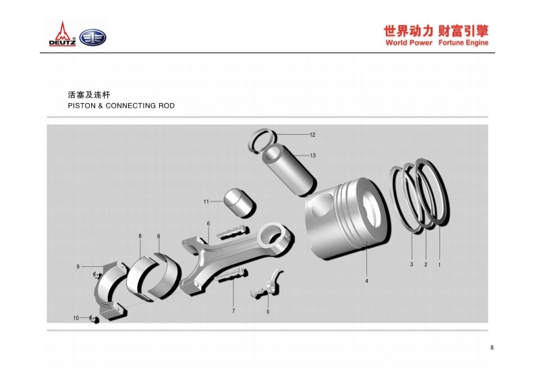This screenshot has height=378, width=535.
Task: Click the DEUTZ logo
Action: [62, 34]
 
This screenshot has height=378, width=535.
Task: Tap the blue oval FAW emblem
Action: [93, 38]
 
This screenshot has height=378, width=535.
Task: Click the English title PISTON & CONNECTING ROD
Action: [121, 106]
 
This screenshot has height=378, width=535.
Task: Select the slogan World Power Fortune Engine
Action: [437, 42]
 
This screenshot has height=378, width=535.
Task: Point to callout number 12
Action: [312, 135]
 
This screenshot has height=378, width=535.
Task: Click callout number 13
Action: [313, 156]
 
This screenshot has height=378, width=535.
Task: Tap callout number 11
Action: [206, 201]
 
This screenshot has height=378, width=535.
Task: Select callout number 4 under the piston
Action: [366, 281]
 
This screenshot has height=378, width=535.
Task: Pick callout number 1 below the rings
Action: [439, 265]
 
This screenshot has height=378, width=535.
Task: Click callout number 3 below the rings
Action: [412, 264]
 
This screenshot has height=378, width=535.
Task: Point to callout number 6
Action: [208, 224]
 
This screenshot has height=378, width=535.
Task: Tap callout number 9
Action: [78, 267]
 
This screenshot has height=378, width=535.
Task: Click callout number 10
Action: [76, 317]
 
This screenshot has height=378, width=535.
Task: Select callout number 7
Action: [233, 311]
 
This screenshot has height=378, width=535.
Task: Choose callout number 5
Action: [268, 311]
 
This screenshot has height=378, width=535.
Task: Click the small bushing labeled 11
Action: [240, 202]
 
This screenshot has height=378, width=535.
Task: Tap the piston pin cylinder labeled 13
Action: [289, 169]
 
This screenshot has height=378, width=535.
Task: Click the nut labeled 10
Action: [94, 319]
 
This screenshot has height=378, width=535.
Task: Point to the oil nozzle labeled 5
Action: [267, 284]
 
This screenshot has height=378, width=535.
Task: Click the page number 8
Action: [492, 348]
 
